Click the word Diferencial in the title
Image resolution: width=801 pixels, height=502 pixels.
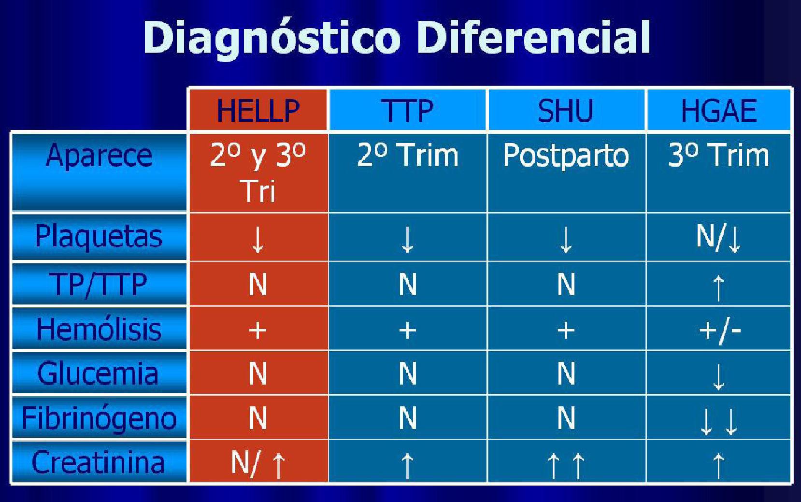(533, 37)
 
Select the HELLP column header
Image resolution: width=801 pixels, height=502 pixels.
(258, 111)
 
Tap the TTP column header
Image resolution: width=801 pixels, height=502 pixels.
(407, 111)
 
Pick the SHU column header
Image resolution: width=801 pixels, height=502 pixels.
(566, 111)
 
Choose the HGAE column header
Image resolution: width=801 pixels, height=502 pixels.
(719, 111)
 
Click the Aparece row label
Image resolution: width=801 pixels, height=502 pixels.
(99, 156)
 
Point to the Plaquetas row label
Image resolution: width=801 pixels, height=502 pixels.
(99, 237)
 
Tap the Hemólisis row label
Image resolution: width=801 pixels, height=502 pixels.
(99, 329)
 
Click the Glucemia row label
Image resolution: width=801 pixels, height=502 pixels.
(98, 373)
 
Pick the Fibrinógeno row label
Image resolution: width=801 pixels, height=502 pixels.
(99, 419)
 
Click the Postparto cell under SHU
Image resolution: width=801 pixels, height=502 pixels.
(566, 156)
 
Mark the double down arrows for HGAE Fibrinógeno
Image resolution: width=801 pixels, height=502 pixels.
(719, 421)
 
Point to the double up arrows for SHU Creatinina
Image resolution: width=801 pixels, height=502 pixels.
(566, 466)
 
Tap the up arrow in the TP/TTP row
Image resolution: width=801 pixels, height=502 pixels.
(718, 288)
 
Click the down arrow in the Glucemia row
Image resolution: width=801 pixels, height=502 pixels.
(718, 377)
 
